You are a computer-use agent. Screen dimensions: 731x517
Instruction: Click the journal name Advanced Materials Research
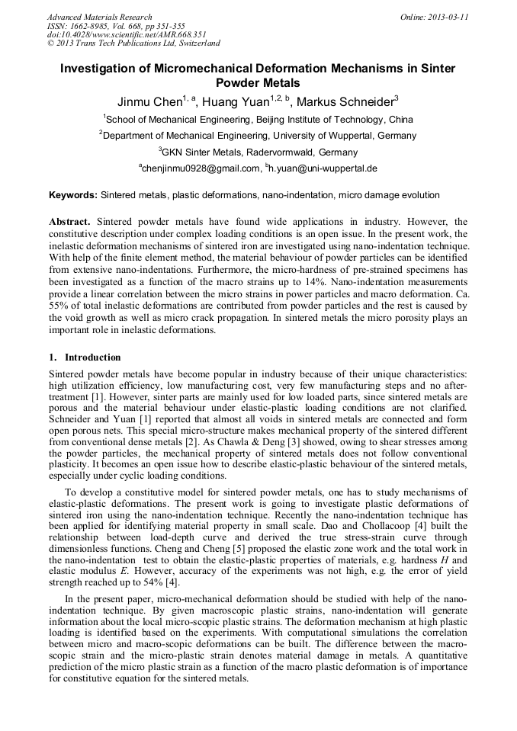click(x=99, y=17)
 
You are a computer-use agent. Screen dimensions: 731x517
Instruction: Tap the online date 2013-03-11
click(x=449, y=17)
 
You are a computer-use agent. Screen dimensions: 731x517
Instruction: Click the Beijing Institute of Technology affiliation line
click(x=258, y=120)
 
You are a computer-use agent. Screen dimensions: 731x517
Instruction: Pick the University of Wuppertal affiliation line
click(x=258, y=136)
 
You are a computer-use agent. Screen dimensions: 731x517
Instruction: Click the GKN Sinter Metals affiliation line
click(x=258, y=152)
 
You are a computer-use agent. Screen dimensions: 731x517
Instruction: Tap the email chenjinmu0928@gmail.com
click(x=199, y=168)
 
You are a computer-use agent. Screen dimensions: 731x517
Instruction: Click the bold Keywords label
click(x=73, y=195)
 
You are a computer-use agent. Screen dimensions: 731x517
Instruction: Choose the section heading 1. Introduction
click(x=85, y=357)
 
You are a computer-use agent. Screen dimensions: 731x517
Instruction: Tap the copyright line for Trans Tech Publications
click(x=133, y=44)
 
